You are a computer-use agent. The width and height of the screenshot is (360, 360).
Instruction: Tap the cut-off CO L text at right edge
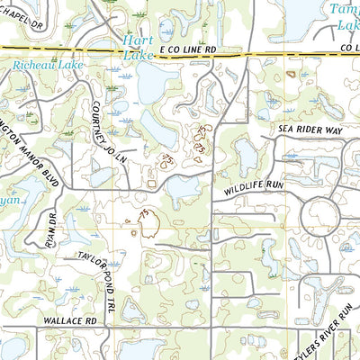pos(347,56)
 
